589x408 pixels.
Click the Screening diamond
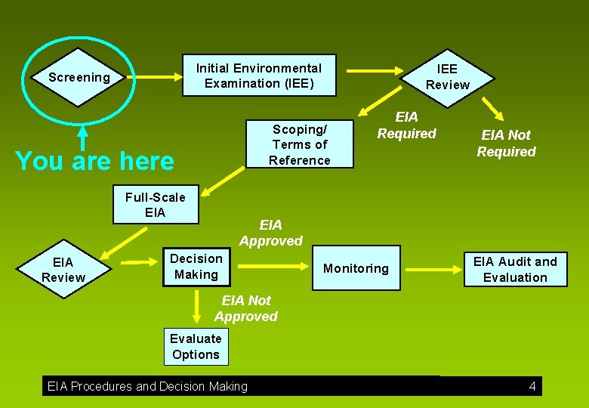tap(79, 77)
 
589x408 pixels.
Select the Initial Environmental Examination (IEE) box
tap(259, 76)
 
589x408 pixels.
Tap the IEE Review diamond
tap(447, 77)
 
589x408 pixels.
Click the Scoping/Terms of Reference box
tap(301, 144)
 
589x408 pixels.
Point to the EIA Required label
tap(407, 125)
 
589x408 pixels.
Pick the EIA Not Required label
tap(506, 143)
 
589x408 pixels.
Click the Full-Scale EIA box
tap(155, 205)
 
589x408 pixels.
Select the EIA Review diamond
tap(63, 270)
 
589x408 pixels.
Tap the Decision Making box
tap(196, 267)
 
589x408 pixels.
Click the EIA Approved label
tap(270, 233)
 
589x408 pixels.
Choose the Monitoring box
tap(356, 268)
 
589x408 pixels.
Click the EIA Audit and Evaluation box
tap(515, 269)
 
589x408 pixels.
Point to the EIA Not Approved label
tap(246, 308)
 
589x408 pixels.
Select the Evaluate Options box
tap(196, 347)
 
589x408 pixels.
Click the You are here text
tap(94, 161)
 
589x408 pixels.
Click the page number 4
tap(532, 387)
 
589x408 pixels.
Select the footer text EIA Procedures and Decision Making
tap(147, 387)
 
